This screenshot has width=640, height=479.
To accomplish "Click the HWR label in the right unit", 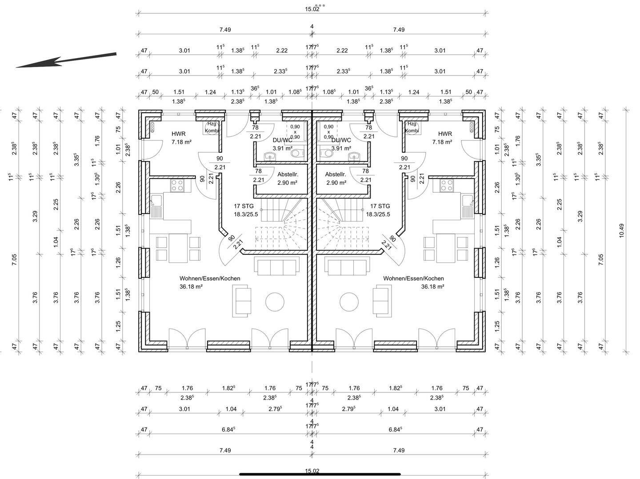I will [445, 134].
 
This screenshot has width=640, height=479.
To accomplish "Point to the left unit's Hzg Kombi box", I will [212, 127].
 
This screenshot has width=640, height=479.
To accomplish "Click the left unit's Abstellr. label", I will [288, 174].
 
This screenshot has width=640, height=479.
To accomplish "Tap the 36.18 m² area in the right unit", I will [432, 287].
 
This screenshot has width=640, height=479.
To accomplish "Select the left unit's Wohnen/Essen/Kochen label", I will [210, 278].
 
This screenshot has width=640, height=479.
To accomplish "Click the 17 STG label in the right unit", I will [380, 206].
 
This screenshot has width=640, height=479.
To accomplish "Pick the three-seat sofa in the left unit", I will [276, 266].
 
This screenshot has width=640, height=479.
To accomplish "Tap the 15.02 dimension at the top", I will [312, 9].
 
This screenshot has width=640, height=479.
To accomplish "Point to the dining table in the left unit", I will [178, 248].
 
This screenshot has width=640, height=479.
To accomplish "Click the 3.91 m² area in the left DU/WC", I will [282, 148].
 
